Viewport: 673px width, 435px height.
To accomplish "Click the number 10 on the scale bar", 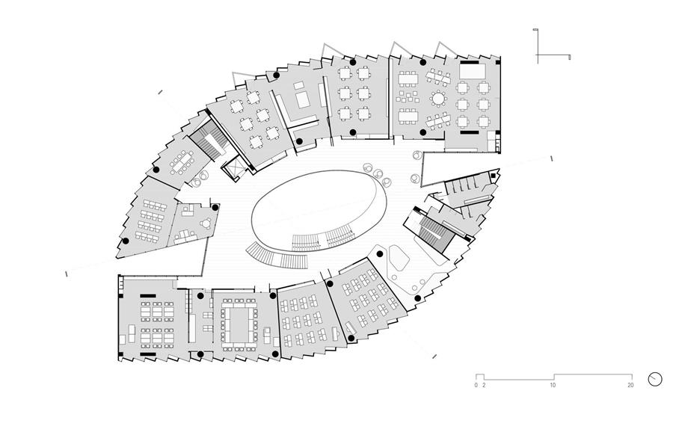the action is pos(553,385).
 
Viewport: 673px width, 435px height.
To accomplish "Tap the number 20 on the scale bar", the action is pos(630,385).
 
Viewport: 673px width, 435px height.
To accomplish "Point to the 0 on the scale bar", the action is pos(476,385).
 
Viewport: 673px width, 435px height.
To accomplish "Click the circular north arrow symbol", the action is pos(655,379).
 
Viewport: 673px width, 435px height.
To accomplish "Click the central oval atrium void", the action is pos(319,210).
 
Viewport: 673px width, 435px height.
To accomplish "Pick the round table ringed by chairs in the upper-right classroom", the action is pos(438,99).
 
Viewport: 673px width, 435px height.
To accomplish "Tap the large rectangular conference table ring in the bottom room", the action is pos(239,324).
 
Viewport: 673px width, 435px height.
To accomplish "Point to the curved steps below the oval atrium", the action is pos(277,256).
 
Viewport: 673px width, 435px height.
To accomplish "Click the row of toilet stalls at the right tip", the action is pos(463,185).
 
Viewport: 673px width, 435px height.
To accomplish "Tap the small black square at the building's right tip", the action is pos(494,176).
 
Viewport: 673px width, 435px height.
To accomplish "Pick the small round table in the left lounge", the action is pos(206,223).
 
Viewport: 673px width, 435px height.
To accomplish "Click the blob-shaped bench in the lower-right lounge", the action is pos(398,259).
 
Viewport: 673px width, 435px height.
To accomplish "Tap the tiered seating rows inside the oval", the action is pos(324,240).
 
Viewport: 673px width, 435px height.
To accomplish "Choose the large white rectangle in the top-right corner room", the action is pos(473,71).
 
